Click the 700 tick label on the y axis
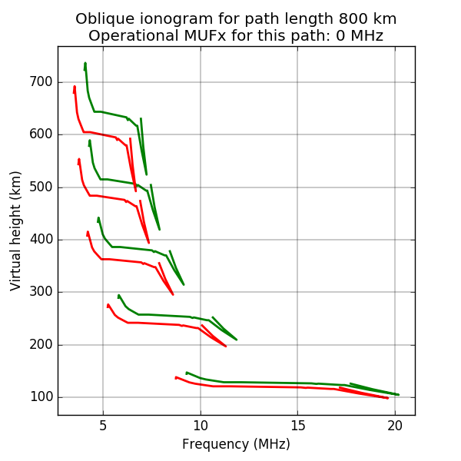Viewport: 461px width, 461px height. pyautogui.click(x=41, y=82)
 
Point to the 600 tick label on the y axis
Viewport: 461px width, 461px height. pyautogui.click(x=41, y=134)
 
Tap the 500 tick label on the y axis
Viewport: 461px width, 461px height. pyautogui.click(x=41, y=187)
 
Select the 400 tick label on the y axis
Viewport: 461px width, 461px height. pyautogui.click(x=41, y=240)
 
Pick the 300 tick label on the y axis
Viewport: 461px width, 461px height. pyautogui.click(x=41, y=292)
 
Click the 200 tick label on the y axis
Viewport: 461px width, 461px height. pyautogui.click(x=41, y=344)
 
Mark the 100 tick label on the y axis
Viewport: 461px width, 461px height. pyautogui.click(x=41, y=397)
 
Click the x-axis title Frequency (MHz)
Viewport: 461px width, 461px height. pyautogui.click(x=236, y=444)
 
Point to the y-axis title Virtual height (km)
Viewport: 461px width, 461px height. pyautogui.click(x=16, y=230)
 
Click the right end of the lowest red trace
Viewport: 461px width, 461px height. pyautogui.click(x=387, y=398)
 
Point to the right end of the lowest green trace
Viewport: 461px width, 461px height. pyautogui.click(x=398, y=394)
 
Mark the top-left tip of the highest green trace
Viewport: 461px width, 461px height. pyautogui.click(x=85, y=63)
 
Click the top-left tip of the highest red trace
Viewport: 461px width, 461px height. pyautogui.click(x=75, y=87)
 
